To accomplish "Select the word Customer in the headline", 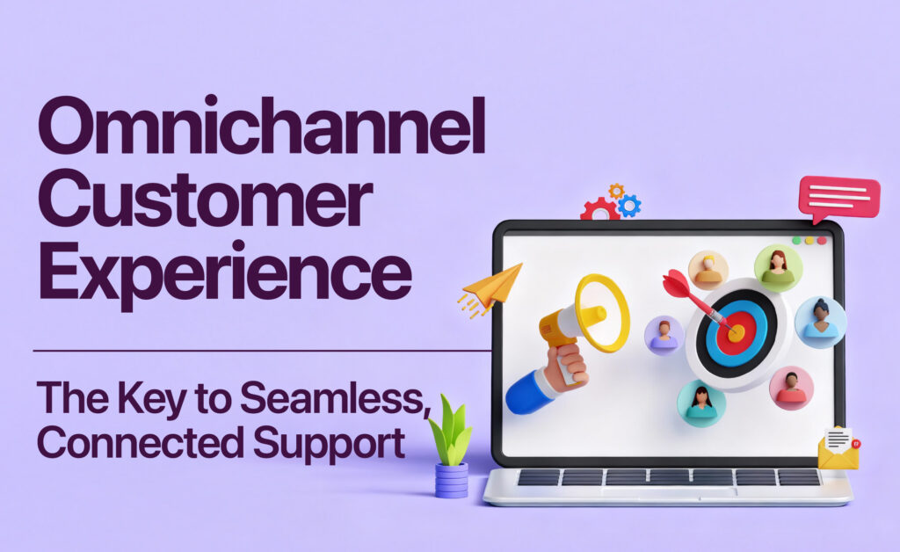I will [x=205, y=204].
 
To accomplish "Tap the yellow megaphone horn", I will [x=602, y=313].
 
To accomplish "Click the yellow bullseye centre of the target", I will [x=737, y=333].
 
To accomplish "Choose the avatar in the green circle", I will [x=778, y=267].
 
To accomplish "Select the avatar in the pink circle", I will [x=791, y=388].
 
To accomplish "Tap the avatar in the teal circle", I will [x=701, y=403].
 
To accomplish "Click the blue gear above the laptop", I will [x=628, y=206].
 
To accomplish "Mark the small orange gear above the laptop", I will [x=616, y=191].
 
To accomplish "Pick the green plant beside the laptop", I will [x=451, y=431].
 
